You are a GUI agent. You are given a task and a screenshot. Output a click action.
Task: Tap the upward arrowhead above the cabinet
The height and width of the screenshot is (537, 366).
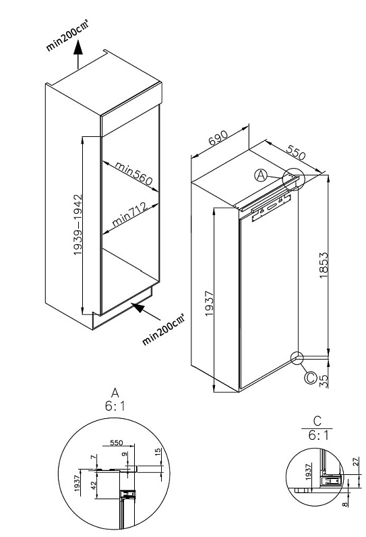point(78,47)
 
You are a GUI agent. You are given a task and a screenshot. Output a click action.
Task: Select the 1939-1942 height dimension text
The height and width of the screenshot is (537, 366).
point(78,225)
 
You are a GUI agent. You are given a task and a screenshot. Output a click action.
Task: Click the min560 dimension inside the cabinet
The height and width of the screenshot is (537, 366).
point(133,173)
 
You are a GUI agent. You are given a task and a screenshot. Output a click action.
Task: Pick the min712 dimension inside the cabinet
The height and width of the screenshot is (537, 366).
point(130,215)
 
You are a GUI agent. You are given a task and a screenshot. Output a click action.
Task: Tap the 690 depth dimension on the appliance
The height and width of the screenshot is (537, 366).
point(217,138)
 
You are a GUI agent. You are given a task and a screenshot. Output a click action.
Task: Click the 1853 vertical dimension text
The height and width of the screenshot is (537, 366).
point(324,265)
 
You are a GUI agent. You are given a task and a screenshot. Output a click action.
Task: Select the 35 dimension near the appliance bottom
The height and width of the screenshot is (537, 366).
point(324,381)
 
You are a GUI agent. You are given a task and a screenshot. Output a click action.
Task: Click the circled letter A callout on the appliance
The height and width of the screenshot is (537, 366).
point(261,175)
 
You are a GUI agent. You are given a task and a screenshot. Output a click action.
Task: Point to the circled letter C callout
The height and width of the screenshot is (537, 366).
point(311,378)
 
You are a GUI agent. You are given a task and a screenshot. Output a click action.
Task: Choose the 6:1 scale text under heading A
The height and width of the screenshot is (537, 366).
point(115,406)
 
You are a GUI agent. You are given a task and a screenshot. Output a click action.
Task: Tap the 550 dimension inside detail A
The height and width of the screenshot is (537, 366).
point(117,443)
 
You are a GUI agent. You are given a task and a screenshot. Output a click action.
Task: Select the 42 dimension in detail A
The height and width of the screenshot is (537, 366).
point(94,485)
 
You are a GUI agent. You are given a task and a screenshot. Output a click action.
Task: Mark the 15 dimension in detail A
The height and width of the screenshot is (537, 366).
point(158,452)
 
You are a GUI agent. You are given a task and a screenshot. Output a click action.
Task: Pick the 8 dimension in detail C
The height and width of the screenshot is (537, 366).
point(345,504)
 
